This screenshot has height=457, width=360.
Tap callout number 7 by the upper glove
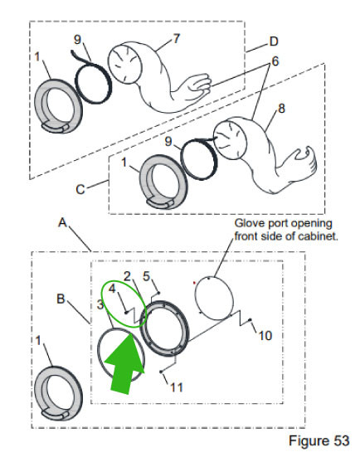click(x=175, y=39)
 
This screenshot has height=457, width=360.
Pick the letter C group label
click(x=80, y=189)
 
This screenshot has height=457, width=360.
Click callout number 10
click(x=265, y=336)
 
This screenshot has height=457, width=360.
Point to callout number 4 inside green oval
click(x=113, y=289)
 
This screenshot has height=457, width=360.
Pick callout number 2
click(x=128, y=275)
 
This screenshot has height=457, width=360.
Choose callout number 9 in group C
click(x=169, y=142)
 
